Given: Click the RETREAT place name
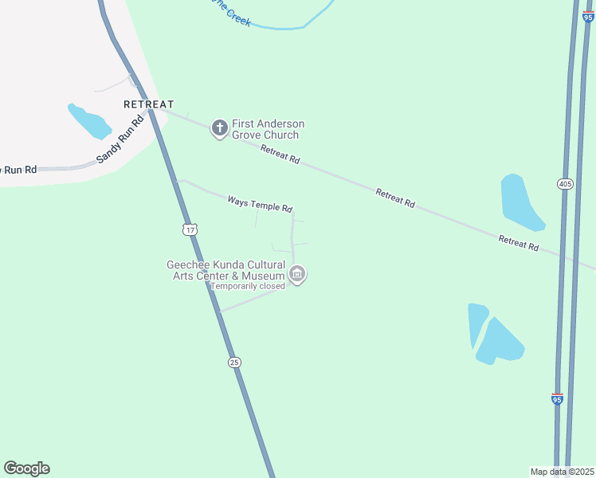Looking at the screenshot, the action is [x=148, y=104].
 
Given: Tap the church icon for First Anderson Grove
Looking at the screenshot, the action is [x=219, y=128].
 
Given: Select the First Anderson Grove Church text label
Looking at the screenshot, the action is [x=268, y=129].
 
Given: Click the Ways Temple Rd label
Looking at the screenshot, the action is [x=260, y=204].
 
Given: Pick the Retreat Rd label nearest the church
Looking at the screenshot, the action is [x=280, y=153].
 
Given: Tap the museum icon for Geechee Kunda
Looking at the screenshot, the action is [x=297, y=275].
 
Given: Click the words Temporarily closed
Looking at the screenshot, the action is [x=247, y=286].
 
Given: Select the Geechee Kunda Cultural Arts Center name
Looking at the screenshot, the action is [x=225, y=270].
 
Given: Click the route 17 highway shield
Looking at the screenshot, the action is [x=189, y=229].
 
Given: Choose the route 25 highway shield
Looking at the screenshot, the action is [x=233, y=362].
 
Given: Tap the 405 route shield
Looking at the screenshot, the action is [x=565, y=184].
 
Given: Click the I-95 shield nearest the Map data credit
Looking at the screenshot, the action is [x=557, y=399].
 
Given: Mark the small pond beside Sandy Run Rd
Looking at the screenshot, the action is [x=89, y=121].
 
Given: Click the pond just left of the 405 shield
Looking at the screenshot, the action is [x=520, y=202].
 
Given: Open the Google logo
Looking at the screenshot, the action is [x=26, y=468].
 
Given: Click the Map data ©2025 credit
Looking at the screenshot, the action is [x=563, y=472].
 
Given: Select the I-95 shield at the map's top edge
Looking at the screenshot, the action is [x=587, y=16].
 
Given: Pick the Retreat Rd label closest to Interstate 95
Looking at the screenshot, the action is [x=519, y=243].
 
